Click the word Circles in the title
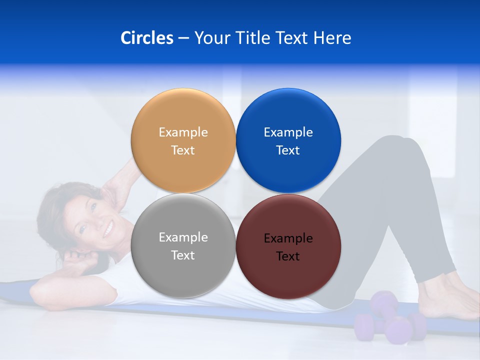tap(146, 38)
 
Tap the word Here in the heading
tap(332, 38)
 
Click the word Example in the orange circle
tap(183, 132)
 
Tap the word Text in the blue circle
tap(288, 150)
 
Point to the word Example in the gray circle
tap(183, 237)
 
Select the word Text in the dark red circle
tap(288, 256)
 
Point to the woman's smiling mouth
tap(107, 230)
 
